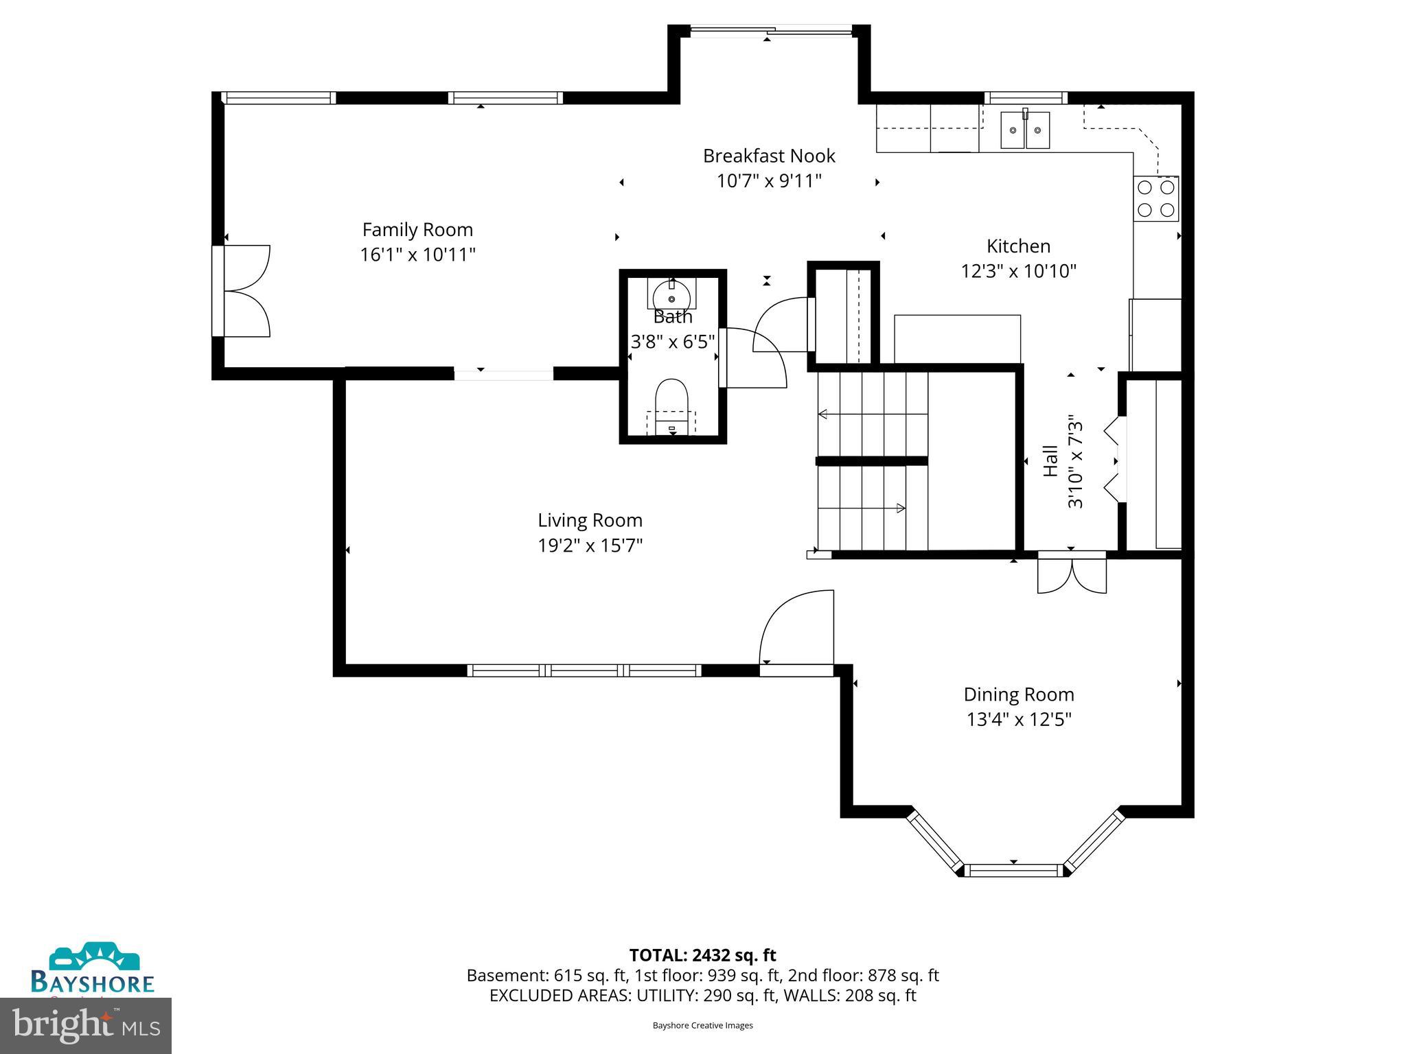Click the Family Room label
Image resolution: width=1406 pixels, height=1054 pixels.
(417, 230)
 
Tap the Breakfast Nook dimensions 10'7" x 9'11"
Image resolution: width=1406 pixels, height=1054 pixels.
(769, 181)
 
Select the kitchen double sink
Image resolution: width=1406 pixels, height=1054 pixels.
(1025, 130)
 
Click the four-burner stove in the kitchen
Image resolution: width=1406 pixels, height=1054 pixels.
(1156, 198)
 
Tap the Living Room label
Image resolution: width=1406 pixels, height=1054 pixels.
(590, 520)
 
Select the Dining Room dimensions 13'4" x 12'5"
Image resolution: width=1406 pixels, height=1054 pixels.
(1019, 719)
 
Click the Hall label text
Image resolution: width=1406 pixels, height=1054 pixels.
(1050, 461)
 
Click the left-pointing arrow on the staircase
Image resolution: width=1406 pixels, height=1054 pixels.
(823, 414)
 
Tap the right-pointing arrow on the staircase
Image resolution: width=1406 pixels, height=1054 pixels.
(900, 508)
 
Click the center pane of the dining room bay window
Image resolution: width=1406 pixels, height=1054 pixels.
(1014, 870)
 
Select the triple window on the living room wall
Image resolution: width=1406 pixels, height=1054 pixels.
(584, 670)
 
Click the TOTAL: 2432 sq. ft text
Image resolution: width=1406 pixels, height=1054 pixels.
(702, 955)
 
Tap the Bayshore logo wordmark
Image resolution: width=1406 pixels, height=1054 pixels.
(93, 982)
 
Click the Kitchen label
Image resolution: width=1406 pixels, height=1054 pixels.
(1018, 246)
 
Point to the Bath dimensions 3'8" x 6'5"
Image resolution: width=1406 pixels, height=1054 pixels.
(673, 342)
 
